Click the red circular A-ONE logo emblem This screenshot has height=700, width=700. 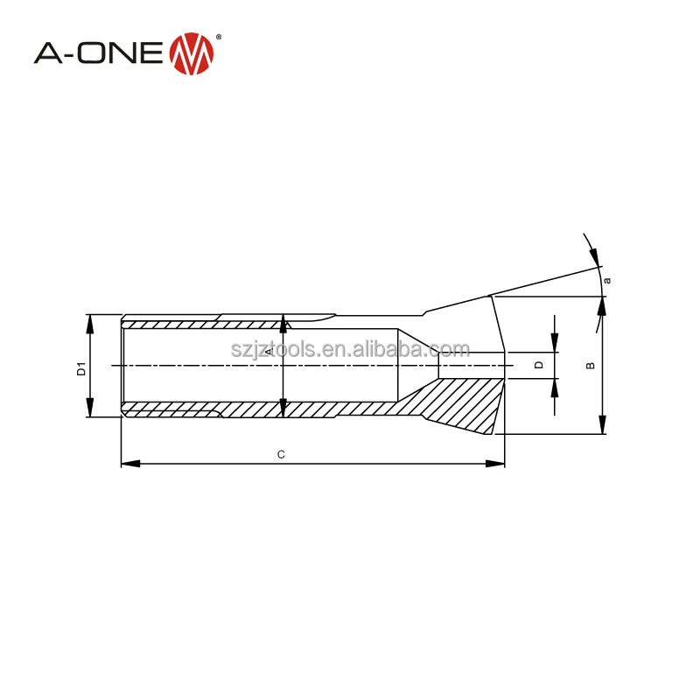pos(192,53)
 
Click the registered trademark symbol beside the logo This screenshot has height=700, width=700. pos(218,38)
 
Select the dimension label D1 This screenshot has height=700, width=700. pos(81,368)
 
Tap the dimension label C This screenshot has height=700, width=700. pos(281,454)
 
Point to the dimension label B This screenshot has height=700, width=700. pos(590,366)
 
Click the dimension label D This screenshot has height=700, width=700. pos(539,365)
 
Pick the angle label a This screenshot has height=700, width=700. pos(606,280)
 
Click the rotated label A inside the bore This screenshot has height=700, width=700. pos(269,352)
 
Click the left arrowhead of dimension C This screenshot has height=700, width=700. pos(130,464)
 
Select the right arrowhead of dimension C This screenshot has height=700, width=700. pos(495,464)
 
